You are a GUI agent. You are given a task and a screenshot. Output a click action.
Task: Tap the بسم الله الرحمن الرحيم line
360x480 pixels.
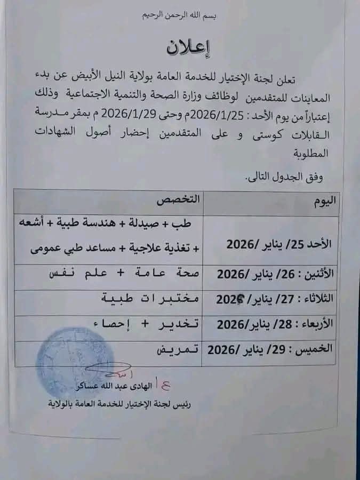(x=181, y=16)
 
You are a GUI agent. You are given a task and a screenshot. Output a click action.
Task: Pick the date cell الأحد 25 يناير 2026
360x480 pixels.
(x=279, y=244)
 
